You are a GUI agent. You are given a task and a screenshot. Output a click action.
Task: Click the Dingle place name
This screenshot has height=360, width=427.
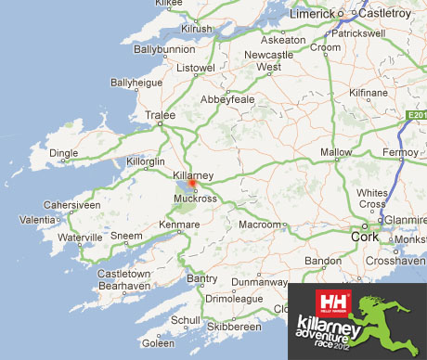click(x=64, y=153)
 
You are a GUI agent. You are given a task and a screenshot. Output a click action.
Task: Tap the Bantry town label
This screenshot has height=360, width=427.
click(x=202, y=277)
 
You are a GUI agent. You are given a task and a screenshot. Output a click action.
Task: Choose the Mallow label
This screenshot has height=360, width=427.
click(x=336, y=152)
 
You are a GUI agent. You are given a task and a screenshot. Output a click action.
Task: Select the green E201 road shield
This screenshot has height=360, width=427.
click(x=415, y=114)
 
